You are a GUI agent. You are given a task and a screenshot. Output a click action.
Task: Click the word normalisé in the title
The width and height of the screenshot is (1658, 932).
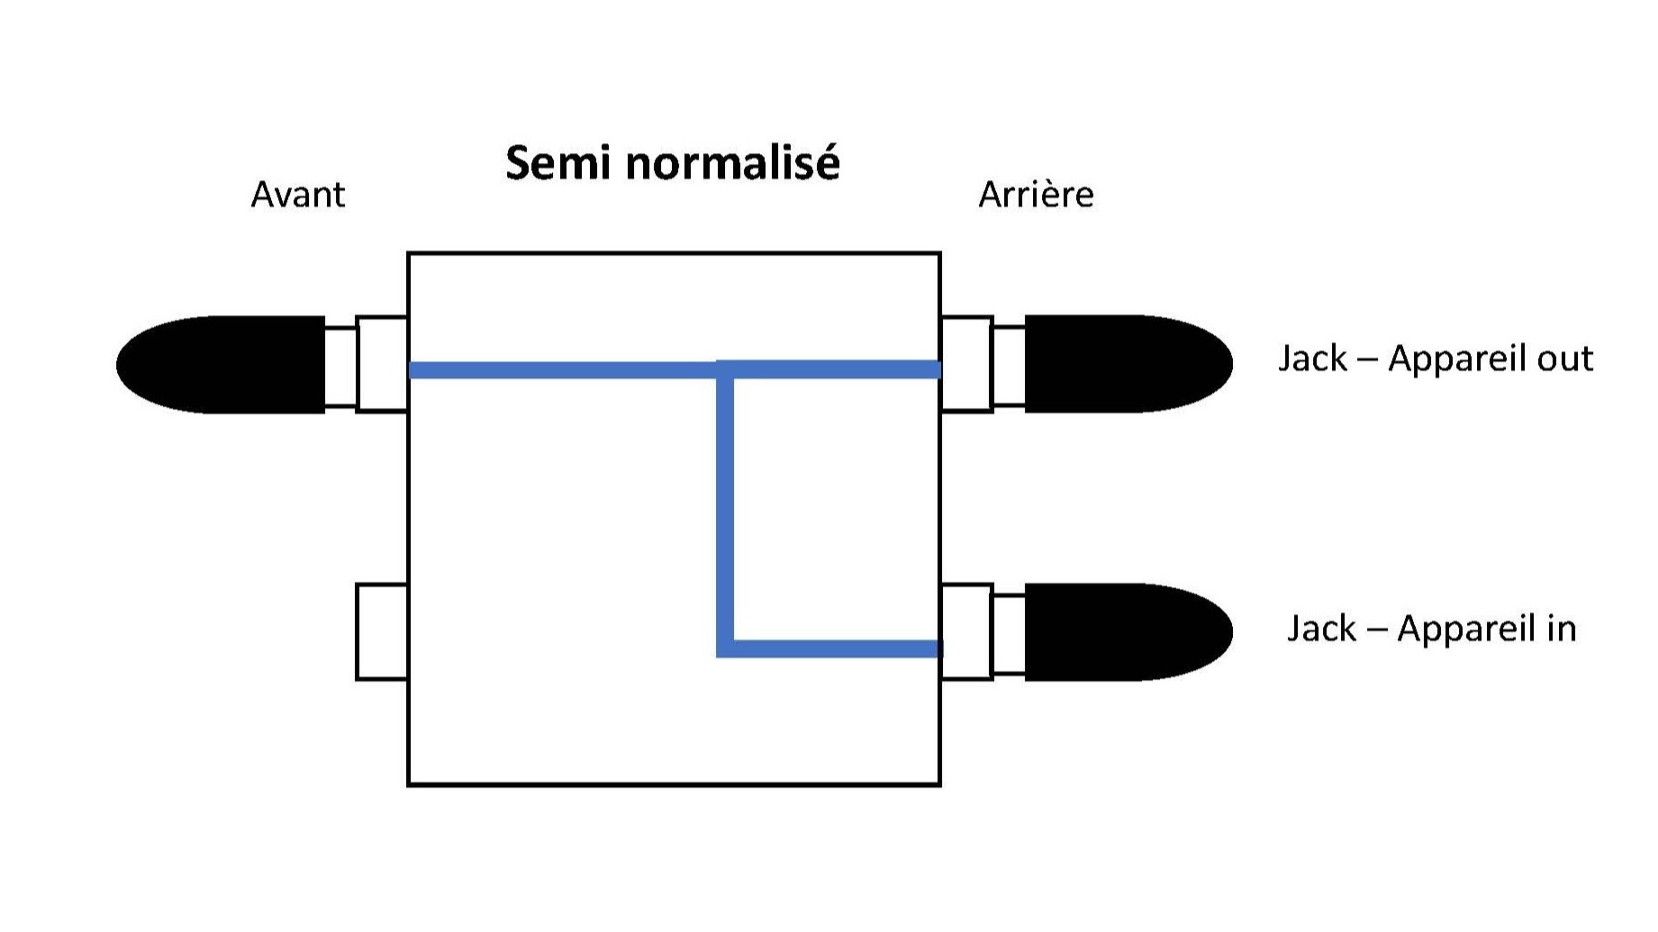pyautogui.click(x=733, y=163)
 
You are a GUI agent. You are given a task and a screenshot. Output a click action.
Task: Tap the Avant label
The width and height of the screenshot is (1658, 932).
pyautogui.click(x=297, y=195)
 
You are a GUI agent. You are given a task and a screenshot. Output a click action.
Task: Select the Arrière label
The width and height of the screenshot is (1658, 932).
pyautogui.click(x=1036, y=195)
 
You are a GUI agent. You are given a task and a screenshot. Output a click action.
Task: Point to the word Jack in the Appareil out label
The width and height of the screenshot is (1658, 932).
pyautogui.click(x=1313, y=358)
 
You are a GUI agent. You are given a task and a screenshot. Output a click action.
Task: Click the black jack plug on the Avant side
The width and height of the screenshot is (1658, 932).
pyautogui.click(x=221, y=365)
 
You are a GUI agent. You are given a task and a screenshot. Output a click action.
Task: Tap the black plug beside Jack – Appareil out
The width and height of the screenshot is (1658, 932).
pyautogui.click(x=1128, y=364)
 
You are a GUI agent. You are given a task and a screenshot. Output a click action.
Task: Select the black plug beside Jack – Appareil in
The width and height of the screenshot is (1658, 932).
pyautogui.click(x=1128, y=632)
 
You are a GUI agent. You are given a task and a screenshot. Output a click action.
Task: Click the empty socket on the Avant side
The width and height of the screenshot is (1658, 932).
pyautogui.click(x=382, y=631)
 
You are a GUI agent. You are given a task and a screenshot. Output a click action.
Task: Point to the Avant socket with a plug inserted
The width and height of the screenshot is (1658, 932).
pyautogui.click(x=382, y=365)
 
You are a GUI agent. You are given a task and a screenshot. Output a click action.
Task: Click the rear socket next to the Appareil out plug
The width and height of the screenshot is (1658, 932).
pyautogui.click(x=966, y=365)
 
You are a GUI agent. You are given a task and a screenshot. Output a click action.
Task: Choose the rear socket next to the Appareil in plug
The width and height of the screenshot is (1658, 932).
pyautogui.click(x=966, y=631)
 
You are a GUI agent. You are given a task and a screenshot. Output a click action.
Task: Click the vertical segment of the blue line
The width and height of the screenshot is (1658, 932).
pyautogui.click(x=725, y=509)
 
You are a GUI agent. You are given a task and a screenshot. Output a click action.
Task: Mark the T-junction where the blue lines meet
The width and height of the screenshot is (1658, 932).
pyautogui.click(x=725, y=369)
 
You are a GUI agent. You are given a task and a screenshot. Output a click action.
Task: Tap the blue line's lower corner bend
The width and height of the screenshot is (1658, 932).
pyautogui.click(x=725, y=648)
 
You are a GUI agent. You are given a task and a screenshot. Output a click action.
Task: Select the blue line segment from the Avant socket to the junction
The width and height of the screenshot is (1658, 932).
pyautogui.click(x=563, y=369)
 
